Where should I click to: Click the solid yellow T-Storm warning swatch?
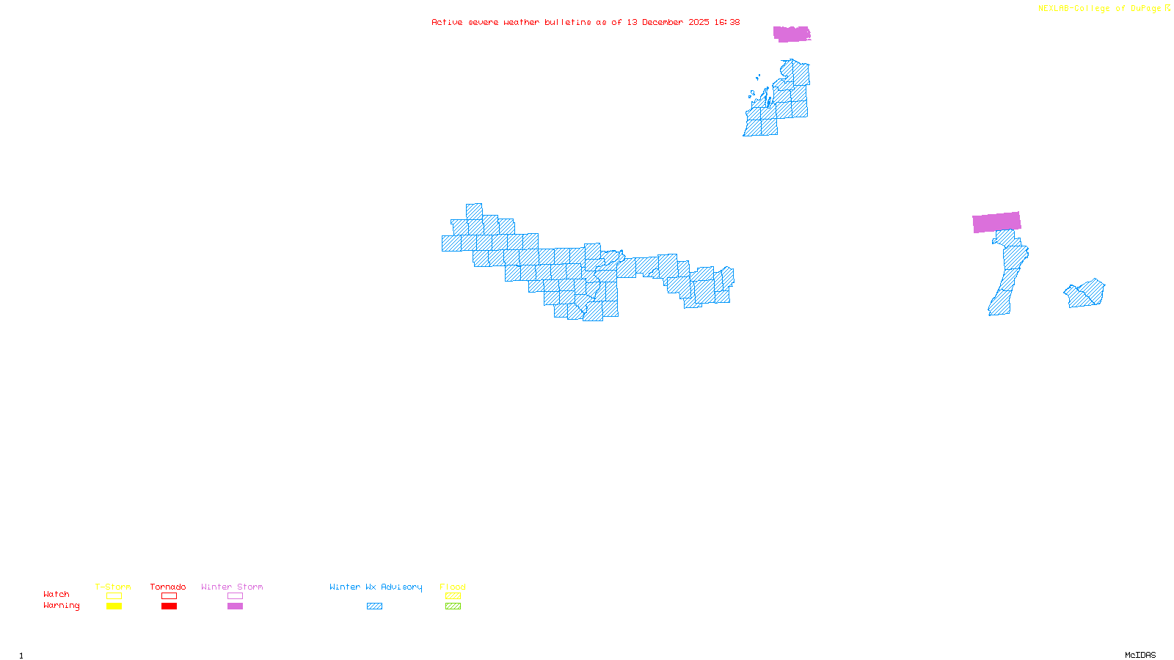tap(114, 606)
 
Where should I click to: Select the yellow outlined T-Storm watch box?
tap(114, 596)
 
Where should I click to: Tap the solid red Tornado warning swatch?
tap(169, 606)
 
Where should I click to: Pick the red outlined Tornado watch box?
tap(169, 596)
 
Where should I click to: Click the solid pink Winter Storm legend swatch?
tap(235, 606)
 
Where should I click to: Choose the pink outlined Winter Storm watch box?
tap(235, 596)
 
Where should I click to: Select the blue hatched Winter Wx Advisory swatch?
tap(374, 606)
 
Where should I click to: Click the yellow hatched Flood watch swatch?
tap(453, 596)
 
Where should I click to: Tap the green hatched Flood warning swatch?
tap(453, 606)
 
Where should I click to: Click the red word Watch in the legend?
tap(56, 595)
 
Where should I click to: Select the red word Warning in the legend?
tap(61, 606)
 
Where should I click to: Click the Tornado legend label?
tap(168, 587)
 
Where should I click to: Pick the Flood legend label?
tap(453, 587)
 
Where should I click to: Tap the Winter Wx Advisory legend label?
tap(376, 587)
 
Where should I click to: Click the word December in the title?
tap(663, 23)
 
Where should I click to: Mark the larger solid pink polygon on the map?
tap(996, 222)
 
